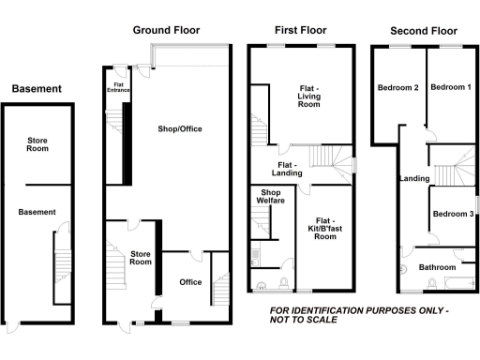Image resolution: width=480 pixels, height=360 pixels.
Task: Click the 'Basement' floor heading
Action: point(37,89)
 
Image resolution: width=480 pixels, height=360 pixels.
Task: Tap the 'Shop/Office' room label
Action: point(181,128)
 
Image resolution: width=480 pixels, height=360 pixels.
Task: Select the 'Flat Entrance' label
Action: point(118,86)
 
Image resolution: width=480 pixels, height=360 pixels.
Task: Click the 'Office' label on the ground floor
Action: point(190,282)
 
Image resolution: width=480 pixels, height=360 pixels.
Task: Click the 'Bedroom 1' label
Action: point(451,87)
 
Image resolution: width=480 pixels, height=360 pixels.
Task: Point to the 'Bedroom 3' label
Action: point(453,215)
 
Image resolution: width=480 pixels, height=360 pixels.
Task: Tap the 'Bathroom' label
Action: point(437,266)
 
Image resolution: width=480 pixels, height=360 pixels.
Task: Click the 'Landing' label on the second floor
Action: point(413,178)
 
